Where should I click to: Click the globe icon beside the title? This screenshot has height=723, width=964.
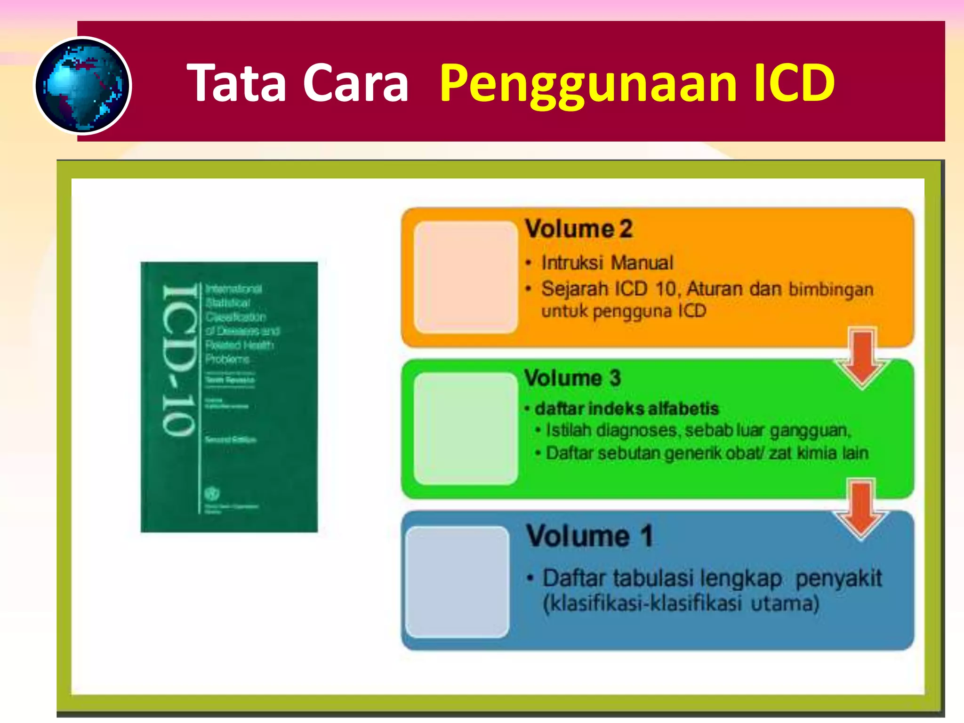click(83, 86)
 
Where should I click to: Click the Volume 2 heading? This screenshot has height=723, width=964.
click(578, 229)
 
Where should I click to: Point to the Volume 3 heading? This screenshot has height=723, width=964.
click(572, 378)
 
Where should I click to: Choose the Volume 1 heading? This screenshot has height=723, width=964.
click(589, 536)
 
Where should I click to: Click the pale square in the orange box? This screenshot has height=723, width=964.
click(466, 277)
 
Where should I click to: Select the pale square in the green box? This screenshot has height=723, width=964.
click(466, 428)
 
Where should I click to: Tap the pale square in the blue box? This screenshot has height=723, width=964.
click(457, 582)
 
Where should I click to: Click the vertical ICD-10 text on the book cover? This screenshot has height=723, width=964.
click(179, 360)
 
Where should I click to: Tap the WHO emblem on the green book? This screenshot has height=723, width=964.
click(212, 494)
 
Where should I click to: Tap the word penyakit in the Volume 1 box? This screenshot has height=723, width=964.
click(838, 578)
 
